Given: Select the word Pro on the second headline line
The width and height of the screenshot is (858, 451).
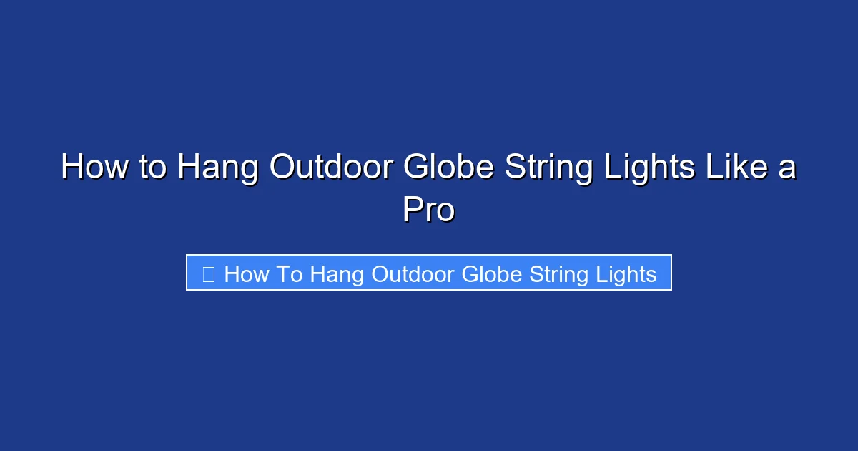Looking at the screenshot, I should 428,210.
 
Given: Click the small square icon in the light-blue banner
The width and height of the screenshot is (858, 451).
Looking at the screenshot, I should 209,274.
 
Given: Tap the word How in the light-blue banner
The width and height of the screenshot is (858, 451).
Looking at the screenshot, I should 246,274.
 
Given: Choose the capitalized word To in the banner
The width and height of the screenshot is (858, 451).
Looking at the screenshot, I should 290,274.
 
